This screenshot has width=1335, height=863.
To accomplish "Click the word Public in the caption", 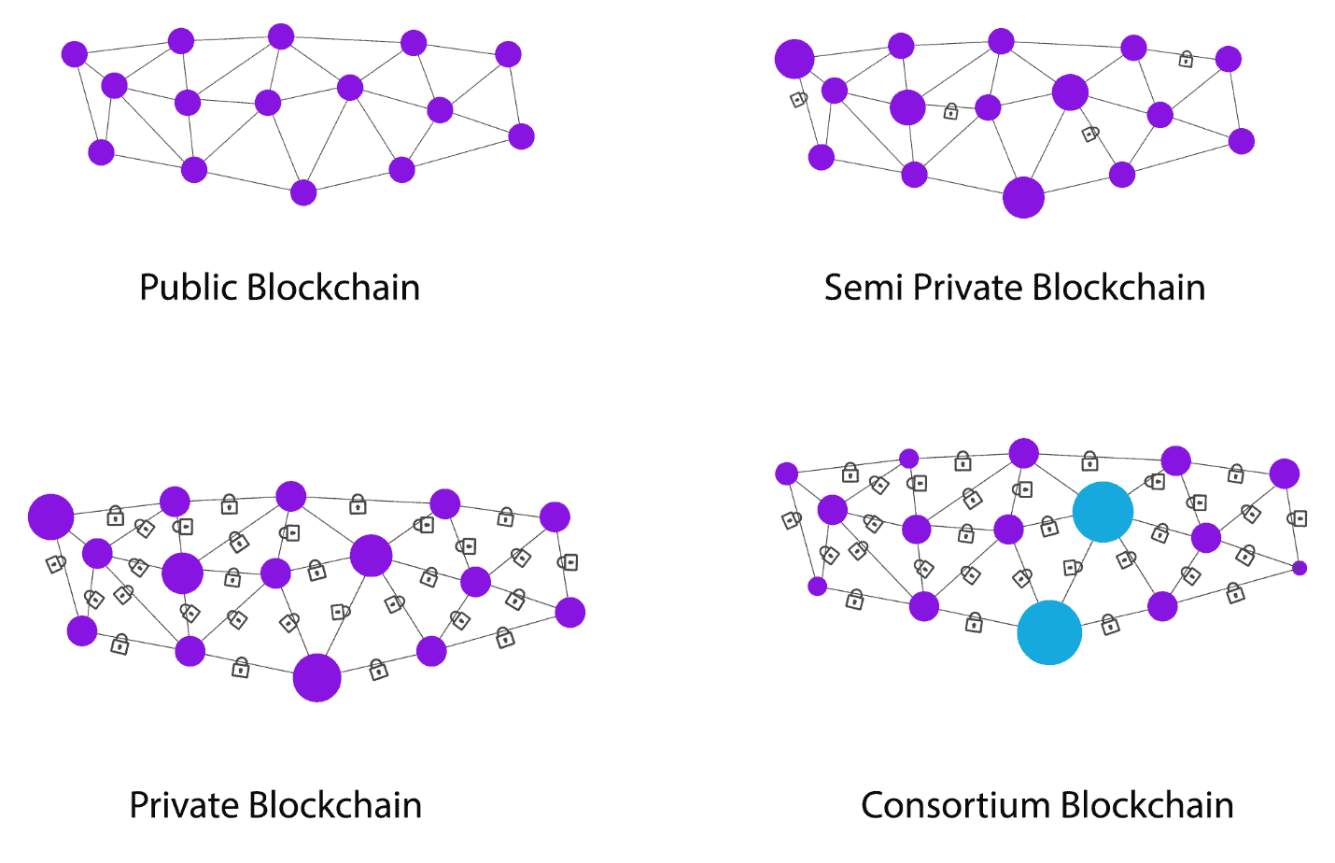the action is click(189, 289).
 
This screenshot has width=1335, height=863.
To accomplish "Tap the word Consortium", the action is click(955, 806).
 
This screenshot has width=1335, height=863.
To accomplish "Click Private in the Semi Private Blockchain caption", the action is click(966, 288).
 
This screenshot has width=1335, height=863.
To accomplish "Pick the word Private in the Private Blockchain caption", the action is click(184, 806).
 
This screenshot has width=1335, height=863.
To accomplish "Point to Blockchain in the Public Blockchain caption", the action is click(334, 288).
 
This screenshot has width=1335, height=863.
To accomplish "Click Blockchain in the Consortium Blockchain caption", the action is click(1147, 805).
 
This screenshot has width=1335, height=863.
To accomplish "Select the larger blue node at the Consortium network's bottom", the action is click(1049, 632).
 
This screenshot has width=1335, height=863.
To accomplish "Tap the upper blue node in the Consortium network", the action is click(1103, 512).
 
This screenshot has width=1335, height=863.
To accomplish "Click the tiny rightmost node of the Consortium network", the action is click(1300, 568).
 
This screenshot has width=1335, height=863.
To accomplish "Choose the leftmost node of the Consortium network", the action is click(787, 474).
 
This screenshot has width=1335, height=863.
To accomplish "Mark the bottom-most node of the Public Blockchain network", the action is click(303, 192).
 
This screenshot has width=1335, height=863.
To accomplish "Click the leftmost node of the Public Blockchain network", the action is click(75, 54).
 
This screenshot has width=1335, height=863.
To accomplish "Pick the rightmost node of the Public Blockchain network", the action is click(522, 136).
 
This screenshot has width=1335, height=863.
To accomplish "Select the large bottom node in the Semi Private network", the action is click(1023, 197).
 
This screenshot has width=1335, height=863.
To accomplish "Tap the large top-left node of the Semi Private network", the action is click(794, 59).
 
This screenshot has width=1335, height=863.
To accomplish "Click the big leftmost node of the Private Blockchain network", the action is click(51, 516).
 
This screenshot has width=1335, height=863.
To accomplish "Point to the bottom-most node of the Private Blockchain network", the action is click(317, 677).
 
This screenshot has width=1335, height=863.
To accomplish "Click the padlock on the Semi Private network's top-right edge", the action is click(1186, 59).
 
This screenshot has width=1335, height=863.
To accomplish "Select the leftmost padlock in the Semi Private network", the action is click(798, 99).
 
